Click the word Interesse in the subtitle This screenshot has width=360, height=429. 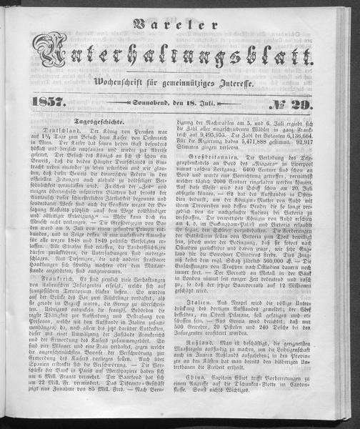[265, 87]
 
